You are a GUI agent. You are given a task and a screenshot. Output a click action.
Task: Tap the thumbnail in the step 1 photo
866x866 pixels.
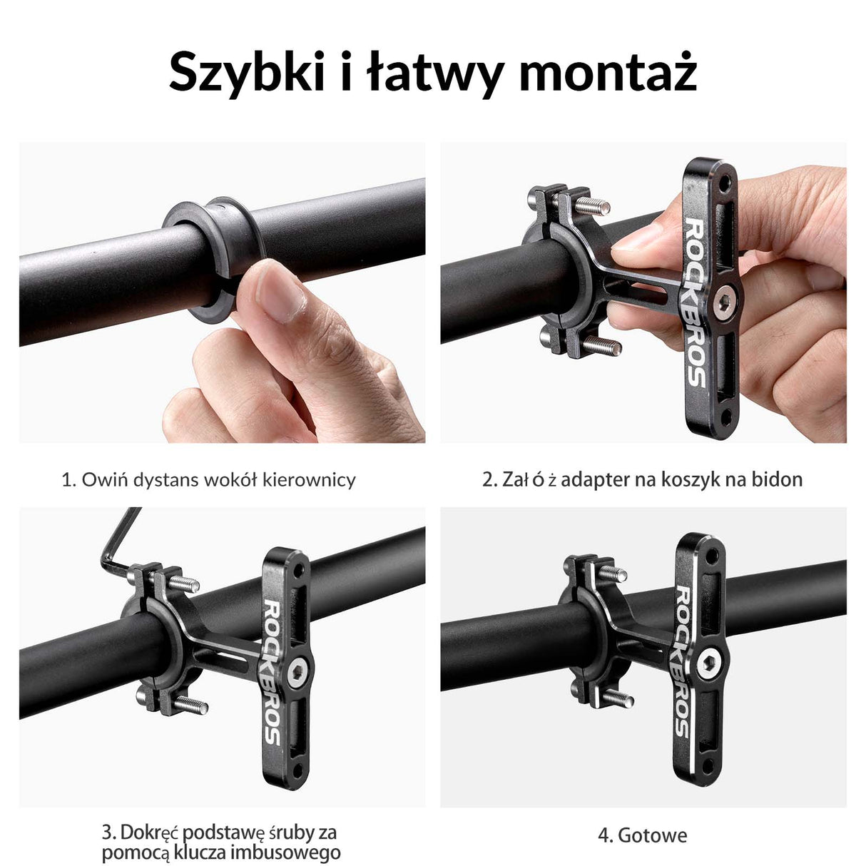(x=282, y=294)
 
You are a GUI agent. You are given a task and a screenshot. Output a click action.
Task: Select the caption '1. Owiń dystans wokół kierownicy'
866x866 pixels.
(x=208, y=479)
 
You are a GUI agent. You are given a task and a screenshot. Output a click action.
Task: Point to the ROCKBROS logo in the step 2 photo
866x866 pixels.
(x=695, y=303)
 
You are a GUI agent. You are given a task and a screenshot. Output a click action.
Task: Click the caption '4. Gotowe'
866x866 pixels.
(x=642, y=835)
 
